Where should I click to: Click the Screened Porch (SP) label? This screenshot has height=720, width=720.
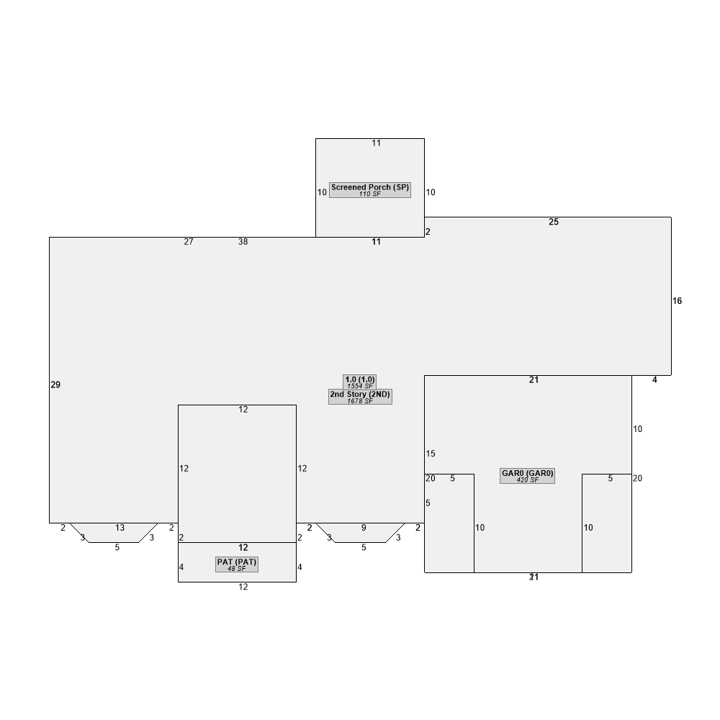point(369,187)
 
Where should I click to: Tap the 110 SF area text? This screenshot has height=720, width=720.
point(369,194)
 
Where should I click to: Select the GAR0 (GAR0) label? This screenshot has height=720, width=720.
point(527,473)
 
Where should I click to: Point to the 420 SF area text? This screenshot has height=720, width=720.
point(527,480)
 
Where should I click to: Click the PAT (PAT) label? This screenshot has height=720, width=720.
point(236,562)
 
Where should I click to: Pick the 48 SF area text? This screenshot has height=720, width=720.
point(236,569)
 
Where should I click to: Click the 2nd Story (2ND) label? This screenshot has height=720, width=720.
point(360,394)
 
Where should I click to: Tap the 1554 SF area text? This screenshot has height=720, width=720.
point(359,386)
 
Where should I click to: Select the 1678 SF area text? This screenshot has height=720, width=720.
point(359,401)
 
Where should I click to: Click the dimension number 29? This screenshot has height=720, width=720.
point(55,384)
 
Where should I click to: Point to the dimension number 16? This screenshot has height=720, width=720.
point(677,301)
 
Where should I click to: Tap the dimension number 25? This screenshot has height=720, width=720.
point(553,222)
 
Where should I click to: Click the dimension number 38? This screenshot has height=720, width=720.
point(243,241)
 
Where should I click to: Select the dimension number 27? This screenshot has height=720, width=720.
point(188,241)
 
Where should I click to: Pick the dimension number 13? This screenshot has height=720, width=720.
point(120,528)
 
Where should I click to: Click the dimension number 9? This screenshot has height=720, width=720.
point(364,528)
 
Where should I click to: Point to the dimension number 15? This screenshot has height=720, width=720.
point(431,454)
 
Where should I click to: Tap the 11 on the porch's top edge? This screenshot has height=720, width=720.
point(376,143)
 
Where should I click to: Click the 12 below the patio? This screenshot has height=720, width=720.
point(243,587)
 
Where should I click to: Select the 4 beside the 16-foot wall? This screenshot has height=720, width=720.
point(654,379)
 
